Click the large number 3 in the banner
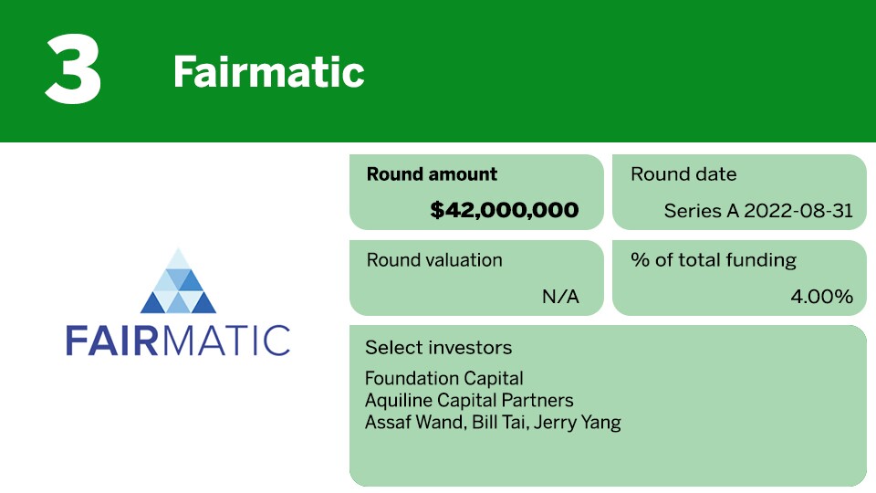tap(73, 68)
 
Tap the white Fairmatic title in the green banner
tap(268, 72)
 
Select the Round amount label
tap(432, 173)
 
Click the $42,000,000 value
tap(505, 210)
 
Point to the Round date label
tap(683, 173)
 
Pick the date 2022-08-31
tap(798, 211)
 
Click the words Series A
tap(701, 211)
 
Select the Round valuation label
tap(434, 260)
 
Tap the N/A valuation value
tap(560, 296)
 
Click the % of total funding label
tap(714, 260)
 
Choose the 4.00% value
tap(822, 296)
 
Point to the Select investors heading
tap(439, 348)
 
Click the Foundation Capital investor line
tap(444, 378)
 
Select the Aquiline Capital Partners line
tap(469, 400)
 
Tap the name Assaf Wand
tap(415, 422)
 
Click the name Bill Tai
tap(499, 422)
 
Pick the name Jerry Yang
tap(577, 423)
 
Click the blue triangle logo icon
tap(178, 280)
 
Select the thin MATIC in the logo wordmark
tap(226, 341)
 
